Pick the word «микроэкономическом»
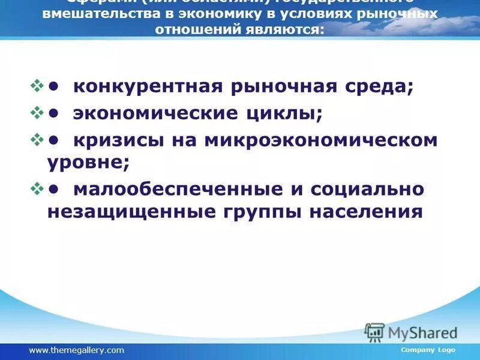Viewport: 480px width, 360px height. click(x=321, y=140)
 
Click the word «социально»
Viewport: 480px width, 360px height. click(x=367, y=189)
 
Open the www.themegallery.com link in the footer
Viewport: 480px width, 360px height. click(x=77, y=350)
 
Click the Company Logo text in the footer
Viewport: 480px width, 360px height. click(x=428, y=350)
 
